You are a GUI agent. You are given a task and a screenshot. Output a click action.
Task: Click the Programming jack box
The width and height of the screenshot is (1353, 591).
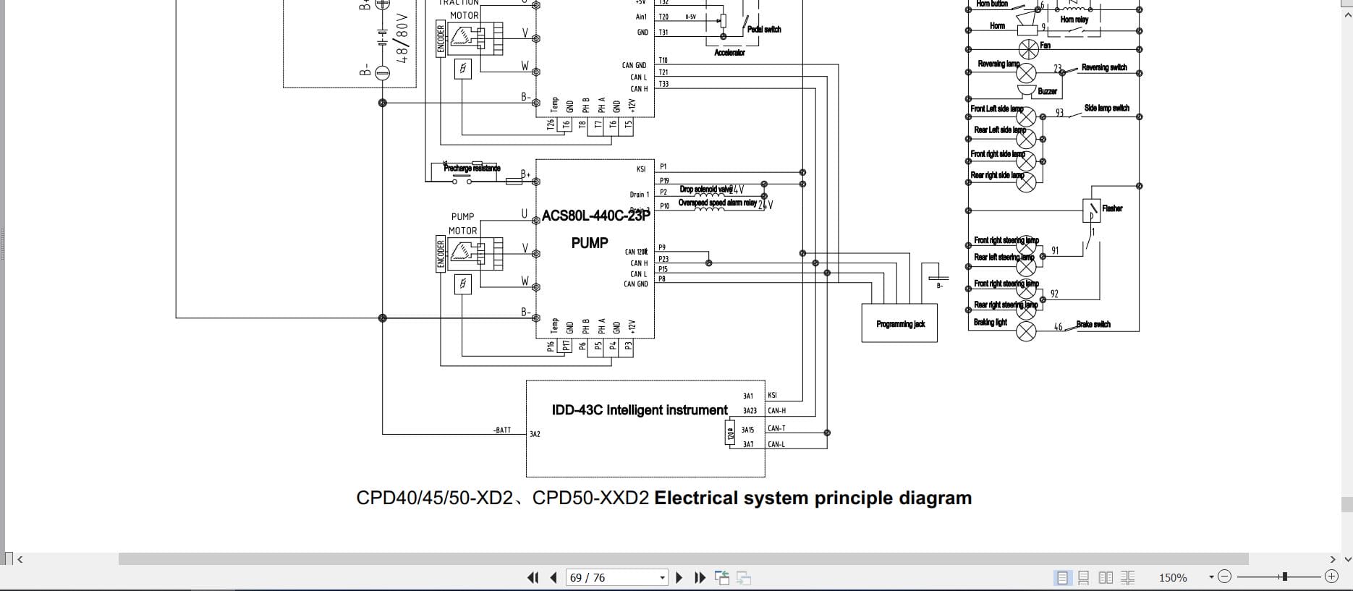coord(899,323)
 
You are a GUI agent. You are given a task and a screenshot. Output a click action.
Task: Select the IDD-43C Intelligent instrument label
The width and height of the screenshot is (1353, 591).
coord(639,410)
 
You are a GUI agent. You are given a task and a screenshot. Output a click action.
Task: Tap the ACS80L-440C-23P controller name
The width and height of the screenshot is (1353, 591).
coord(595,216)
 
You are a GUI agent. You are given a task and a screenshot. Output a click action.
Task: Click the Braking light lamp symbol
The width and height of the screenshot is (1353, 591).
coord(1026,331)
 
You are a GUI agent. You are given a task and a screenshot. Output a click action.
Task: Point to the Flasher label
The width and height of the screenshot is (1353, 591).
coord(1111,208)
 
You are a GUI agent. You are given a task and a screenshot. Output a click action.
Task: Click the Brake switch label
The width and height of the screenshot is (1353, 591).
coord(1093,324)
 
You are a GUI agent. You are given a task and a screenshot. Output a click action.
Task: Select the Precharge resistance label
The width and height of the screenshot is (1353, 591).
coord(472,169)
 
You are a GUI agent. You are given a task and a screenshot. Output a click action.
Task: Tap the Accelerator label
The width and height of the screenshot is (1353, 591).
coord(729,53)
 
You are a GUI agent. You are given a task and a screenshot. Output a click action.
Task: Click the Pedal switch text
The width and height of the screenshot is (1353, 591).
coord(764,30)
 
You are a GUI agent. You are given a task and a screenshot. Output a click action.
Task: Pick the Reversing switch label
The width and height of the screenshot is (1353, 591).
coord(1103,67)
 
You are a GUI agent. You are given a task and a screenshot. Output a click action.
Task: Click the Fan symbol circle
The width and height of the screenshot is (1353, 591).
coord(1028,49)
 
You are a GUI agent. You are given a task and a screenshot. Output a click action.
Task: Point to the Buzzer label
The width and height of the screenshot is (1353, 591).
coord(1047,91)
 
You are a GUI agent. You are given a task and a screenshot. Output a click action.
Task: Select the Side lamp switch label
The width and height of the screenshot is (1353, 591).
coord(1106,108)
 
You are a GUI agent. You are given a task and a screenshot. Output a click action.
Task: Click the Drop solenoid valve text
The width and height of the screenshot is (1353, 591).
coord(705,190)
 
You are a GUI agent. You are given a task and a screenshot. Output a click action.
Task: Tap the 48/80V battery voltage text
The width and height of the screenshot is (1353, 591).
coord(403,38)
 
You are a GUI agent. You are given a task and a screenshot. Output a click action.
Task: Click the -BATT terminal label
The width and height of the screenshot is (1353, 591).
coord(502,430)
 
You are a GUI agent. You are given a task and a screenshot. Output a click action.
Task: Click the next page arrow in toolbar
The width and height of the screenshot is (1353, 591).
coord(679,577)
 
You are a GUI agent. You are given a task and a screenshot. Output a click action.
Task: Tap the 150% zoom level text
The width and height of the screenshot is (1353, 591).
coord(1172,577)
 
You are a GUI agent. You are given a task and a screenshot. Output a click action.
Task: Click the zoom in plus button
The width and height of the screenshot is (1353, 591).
coord(1331,577)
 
